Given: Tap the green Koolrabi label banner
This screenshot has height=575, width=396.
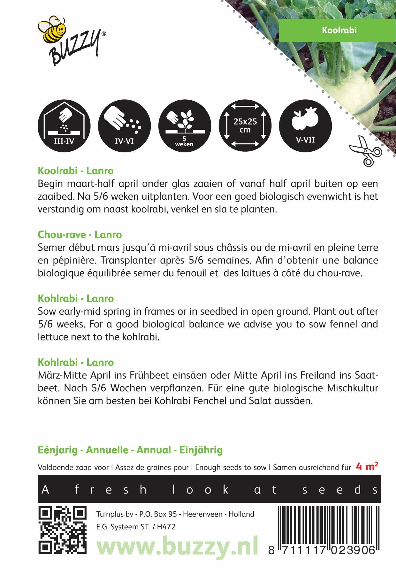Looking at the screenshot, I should (337, 30).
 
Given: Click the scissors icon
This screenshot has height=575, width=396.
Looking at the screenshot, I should (365, 151).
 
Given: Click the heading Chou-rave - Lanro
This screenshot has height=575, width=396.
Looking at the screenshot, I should (80, 235).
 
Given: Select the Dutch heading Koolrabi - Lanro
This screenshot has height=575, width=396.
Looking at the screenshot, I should (76, 171).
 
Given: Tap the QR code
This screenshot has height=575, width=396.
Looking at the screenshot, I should (63, 530).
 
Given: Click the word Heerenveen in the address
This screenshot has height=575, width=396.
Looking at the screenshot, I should (203, 514).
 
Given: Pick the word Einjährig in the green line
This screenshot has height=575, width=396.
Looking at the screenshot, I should (201, 450).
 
